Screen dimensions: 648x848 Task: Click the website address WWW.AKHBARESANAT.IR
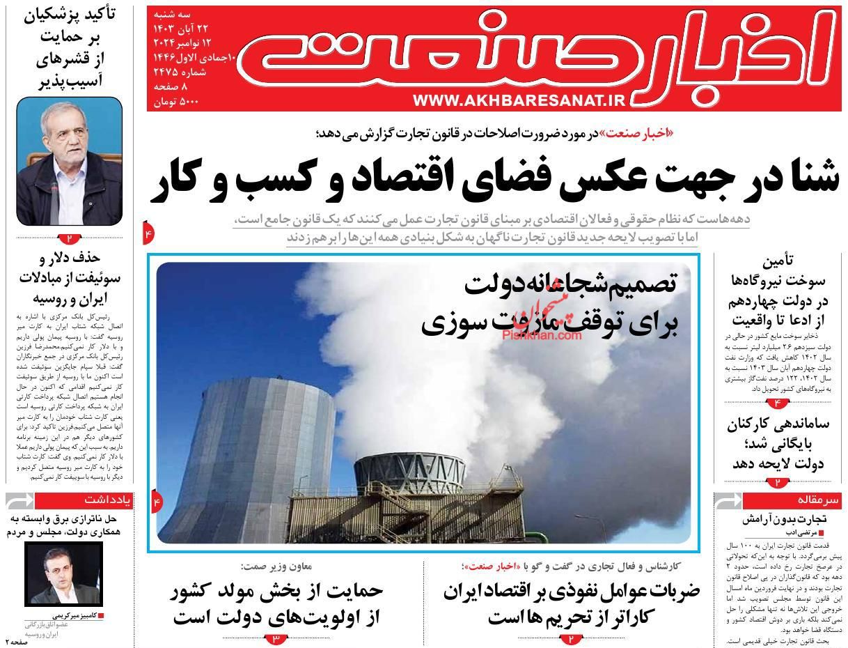click(x=519, y=101)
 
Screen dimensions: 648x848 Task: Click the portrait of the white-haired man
click(x=69, y=161)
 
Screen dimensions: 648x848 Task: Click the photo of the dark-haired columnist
click(x=63, y=573)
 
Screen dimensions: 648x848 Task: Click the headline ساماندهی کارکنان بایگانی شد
click(x=778, y=443)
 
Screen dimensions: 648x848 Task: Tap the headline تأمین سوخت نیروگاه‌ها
click(x=778, y=291)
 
